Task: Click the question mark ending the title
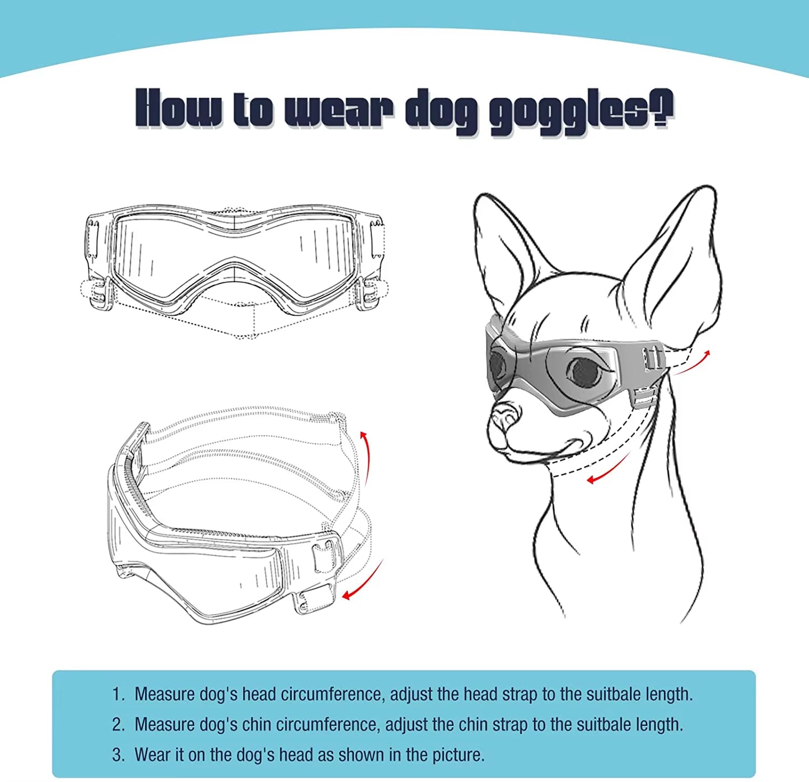pyautogui.click(x=662, y=108)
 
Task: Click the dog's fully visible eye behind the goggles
pyautogui.click(x=584, y=370)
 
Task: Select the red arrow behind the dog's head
pyautogui.click(x=692, y=361)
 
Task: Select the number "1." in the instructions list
pyautogui.click(x=118, y=694)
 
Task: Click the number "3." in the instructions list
pyautogui.click(x=118, y=755)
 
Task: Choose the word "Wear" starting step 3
pyautogui.click(x=153, y=755)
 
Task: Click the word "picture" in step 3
pyautogui.click(x=458, y=755)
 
